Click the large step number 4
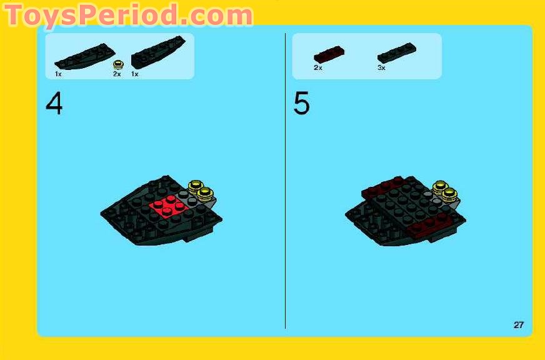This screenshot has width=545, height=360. (x=54, y=104)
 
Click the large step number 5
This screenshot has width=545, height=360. (x=301, y=104)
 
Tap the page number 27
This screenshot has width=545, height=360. (x=519, y=324)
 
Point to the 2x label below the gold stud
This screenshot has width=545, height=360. (x=117, y=74)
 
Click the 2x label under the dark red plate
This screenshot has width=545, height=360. (x=318, y=67)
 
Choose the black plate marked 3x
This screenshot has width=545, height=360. (x=397, y=52)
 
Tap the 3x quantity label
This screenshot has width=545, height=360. (x=381, y=67)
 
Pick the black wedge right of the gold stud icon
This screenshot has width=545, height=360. (x=157, y=52)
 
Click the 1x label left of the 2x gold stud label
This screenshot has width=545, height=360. (x=58, y=74)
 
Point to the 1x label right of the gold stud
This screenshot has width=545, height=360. (x=134, y=74)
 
